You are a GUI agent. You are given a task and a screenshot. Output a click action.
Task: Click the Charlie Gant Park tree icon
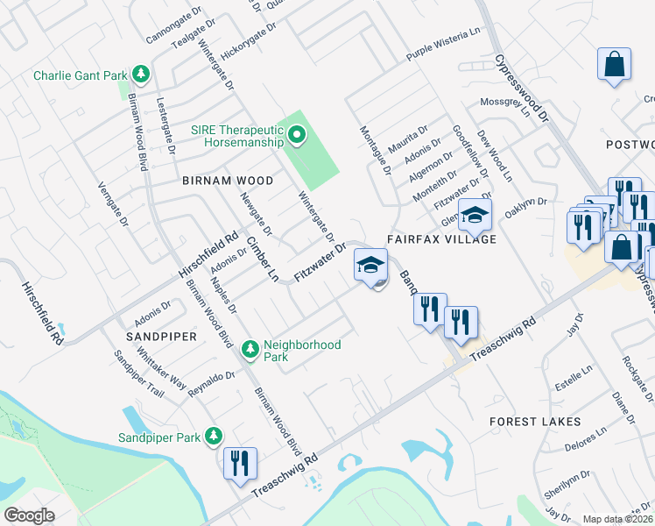coord(140,75)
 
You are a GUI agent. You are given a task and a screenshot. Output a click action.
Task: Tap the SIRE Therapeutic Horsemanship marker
coord(296,135)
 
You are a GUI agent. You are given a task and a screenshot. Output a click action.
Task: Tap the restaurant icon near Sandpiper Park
coord(239,463)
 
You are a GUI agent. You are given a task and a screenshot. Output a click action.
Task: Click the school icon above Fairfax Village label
coord(475,214)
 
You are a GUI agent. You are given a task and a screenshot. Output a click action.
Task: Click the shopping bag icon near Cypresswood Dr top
coord(615,64)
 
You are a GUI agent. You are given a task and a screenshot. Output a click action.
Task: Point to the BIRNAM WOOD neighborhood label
coord(228,181)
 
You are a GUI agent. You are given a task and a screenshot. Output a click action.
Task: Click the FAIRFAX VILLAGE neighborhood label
coord(442,239)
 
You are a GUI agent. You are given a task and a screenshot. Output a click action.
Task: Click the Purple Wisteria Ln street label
coord(445,56)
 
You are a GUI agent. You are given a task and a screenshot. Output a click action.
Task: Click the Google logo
coord(29,515)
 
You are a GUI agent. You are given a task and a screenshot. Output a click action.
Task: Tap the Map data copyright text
coord(618,519)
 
